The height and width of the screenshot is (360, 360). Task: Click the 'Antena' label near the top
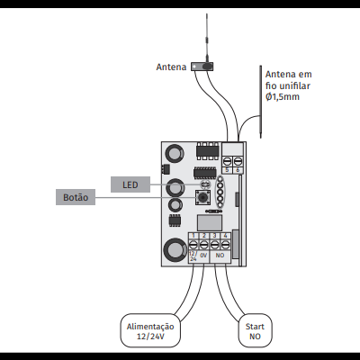(170, 66)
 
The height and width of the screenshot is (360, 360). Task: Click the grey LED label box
(130, 184)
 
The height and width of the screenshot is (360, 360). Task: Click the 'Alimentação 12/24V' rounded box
(150, 330)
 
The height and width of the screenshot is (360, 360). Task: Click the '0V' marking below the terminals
(204, 256)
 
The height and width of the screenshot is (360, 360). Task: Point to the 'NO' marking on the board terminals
(220, 256)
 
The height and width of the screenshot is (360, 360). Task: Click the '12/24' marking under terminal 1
(193, 256)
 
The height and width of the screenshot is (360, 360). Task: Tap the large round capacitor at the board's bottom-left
(173, 251)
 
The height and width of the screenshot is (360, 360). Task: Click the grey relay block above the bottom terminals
(211, 220)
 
